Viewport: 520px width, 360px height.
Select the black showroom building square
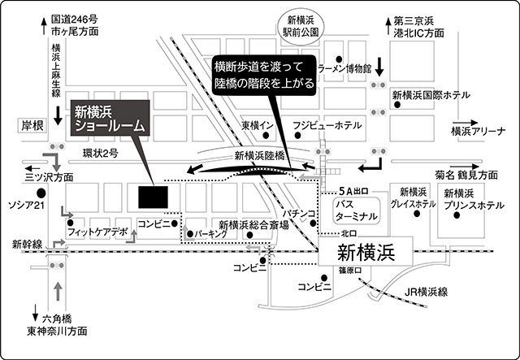151,197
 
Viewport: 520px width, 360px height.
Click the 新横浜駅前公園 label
302,27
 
